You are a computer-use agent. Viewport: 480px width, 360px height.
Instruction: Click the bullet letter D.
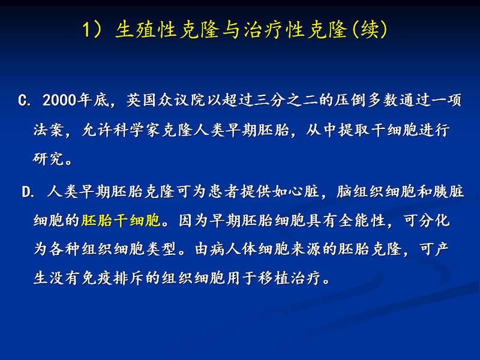27,192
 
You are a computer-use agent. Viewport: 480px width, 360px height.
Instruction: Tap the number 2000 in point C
59,100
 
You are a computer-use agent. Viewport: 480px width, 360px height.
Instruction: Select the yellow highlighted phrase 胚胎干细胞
121,220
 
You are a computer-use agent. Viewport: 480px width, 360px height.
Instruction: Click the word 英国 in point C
142,100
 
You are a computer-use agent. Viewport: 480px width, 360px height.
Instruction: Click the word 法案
49,130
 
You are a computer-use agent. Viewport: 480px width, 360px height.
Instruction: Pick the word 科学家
137,130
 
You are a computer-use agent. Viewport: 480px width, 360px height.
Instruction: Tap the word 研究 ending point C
49,158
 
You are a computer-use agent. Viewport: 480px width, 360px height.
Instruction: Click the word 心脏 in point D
303,192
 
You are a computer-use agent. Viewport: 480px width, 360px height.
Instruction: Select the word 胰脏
448,192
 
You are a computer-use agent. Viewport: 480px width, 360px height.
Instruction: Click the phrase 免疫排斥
112,278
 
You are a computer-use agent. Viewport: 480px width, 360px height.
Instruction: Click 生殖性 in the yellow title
146,30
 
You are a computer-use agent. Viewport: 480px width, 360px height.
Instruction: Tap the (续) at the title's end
370,30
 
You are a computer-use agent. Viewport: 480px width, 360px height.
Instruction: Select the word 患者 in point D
224,192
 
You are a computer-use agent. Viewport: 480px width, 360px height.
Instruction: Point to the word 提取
354,130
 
